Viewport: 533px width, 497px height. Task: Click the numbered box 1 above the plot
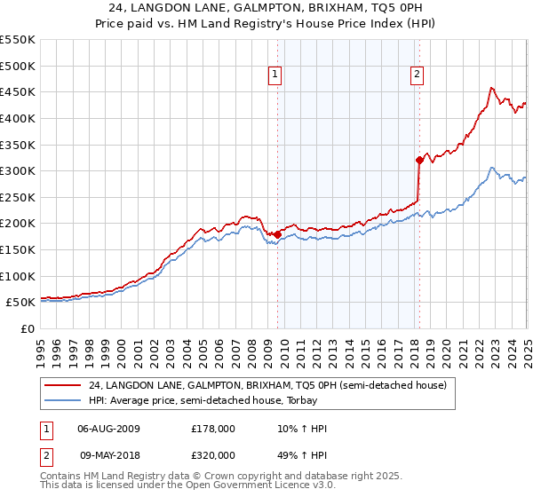tap(276, 75)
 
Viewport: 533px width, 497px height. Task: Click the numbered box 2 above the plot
tap(417, 75)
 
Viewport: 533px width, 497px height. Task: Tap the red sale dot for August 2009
tap(277, 235)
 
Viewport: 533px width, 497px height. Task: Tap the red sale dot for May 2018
tap(419, 161)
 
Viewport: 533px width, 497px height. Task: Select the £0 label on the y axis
tap(28, 328)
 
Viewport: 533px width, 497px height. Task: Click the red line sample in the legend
tap(62, 386)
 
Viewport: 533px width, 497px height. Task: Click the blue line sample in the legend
tap(62, 400)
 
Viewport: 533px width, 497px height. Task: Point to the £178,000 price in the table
tap(211, 428)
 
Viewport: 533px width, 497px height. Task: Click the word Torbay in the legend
tap(298, 400)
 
